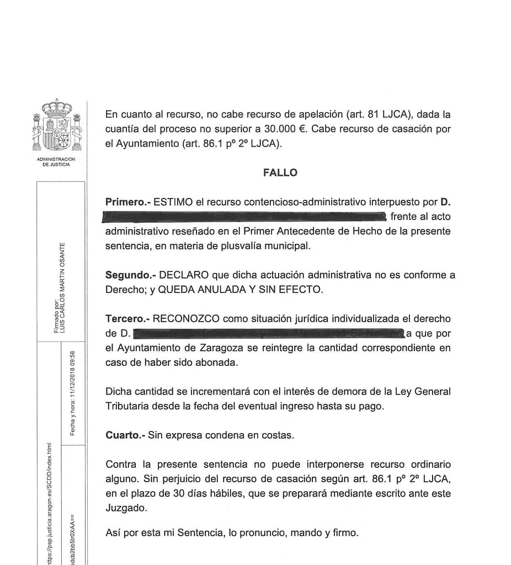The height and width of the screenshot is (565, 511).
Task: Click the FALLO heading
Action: [x=280, y=173]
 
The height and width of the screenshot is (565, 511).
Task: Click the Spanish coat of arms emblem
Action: [x=57, y=126]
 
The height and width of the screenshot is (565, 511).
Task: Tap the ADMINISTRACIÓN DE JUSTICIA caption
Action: [x=56, y=162]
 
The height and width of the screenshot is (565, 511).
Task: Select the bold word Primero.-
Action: [x=128, y=202]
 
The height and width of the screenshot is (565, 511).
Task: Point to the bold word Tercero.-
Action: [x=127, y=319]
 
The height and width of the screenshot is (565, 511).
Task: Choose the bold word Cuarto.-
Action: [x=125, y=435]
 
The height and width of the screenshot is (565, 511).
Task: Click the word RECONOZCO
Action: [x=186, y=319]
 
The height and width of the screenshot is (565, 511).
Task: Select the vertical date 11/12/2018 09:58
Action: [x=72, y=392]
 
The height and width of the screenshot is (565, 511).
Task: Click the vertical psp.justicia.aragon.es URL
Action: [x=50, y=502]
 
